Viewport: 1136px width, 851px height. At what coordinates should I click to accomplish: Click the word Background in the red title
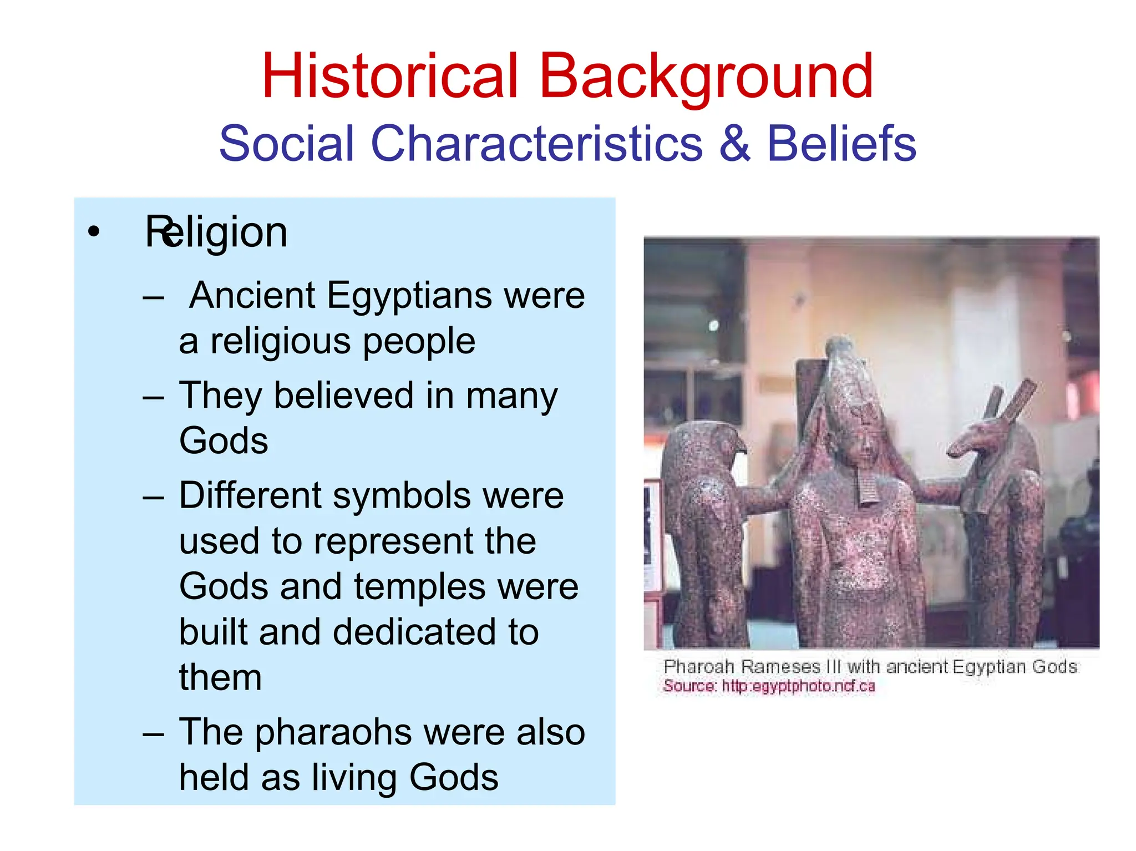[706, 76]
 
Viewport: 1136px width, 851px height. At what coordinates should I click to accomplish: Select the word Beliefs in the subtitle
[841, 143]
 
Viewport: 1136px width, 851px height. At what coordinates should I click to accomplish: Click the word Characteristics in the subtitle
[536, 143]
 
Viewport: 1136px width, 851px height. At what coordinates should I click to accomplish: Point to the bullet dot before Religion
[94, 232]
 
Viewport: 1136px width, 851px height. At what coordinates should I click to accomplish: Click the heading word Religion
[216, 232]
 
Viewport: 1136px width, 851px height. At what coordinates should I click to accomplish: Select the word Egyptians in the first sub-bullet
[409, 295]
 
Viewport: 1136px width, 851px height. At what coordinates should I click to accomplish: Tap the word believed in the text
[344, 396]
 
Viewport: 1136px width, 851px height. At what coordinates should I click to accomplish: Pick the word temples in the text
[420, 586]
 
